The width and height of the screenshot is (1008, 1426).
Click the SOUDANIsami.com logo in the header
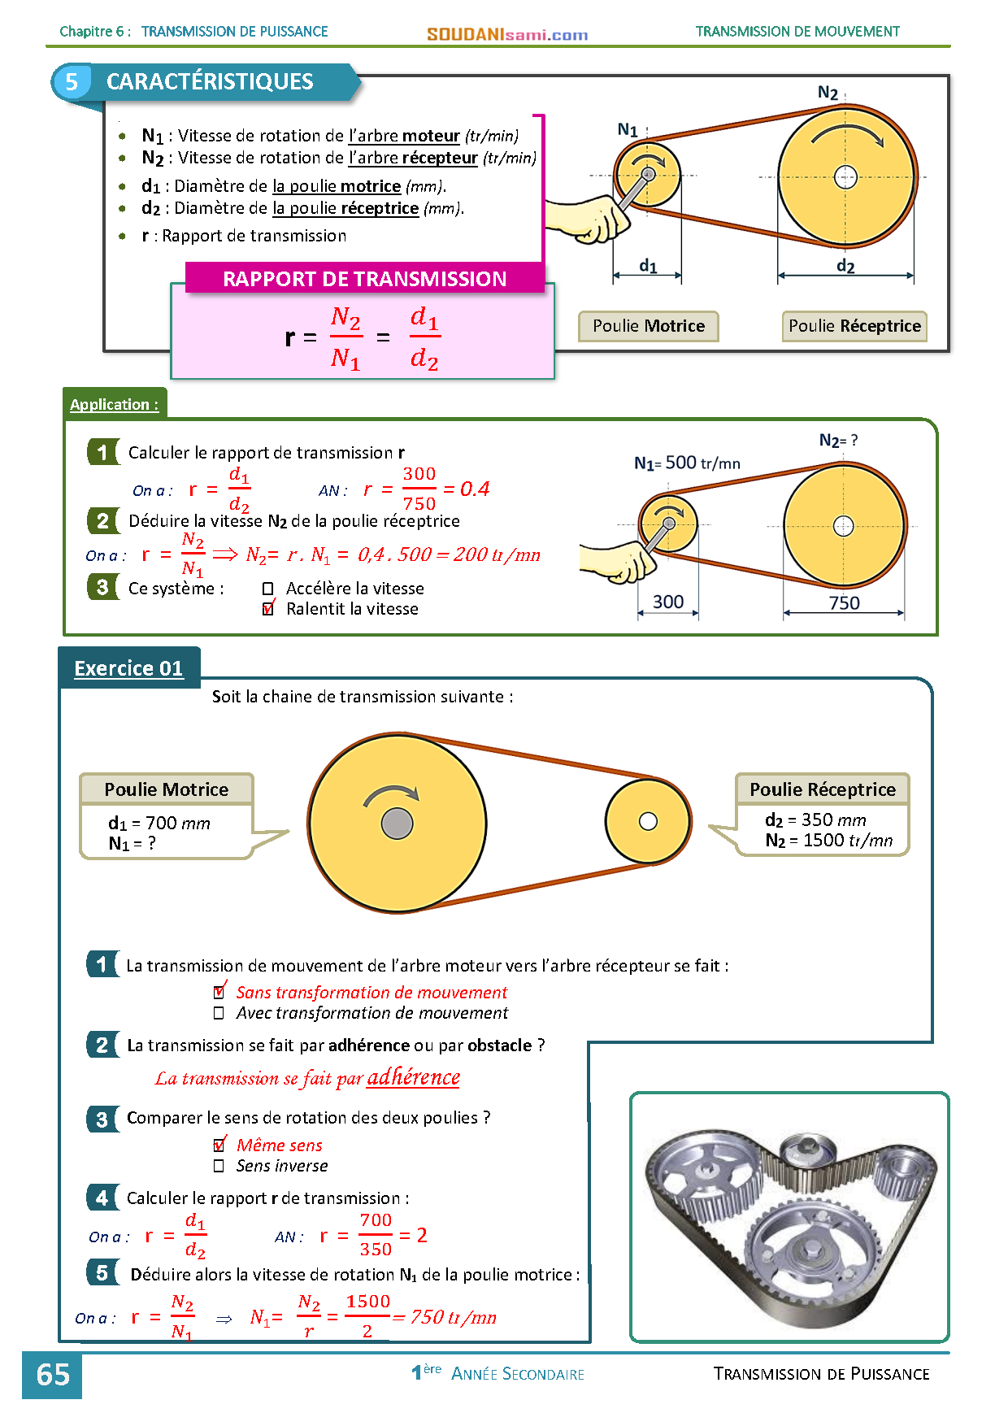tap(507, 34)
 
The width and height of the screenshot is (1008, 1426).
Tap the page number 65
tap(53, 1375)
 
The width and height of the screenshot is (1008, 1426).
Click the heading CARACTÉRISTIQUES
tap(210, 81)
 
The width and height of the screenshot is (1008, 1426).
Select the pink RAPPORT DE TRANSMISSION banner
tap(365, 278)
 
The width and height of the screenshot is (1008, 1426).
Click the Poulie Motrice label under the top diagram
tap(649, 326)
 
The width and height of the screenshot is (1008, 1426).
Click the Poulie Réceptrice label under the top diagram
tap(854, 326)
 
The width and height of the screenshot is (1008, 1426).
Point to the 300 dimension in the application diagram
tap(668, 602)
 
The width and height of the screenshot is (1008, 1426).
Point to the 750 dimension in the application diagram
tap(844, 602)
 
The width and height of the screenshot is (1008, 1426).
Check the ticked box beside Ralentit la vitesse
tap(268, 609)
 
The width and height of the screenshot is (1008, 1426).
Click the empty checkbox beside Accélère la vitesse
tap(267, 589)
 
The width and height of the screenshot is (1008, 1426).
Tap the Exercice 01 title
tap(128, 668)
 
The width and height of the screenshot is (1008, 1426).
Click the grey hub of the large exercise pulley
tap(397, 823)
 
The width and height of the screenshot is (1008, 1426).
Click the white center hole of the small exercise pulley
tap(648, 821)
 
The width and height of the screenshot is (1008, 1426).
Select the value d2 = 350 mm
tap(815, 820)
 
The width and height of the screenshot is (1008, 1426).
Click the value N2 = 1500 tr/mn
tap(829, 841)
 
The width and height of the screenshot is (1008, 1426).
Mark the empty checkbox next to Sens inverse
tap(219, 1166)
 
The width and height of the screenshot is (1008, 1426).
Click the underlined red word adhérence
tap(414, 1077)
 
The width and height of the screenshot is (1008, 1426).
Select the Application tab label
tap(114, 404)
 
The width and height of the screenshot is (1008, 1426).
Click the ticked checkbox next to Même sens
tap(219, 1145)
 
